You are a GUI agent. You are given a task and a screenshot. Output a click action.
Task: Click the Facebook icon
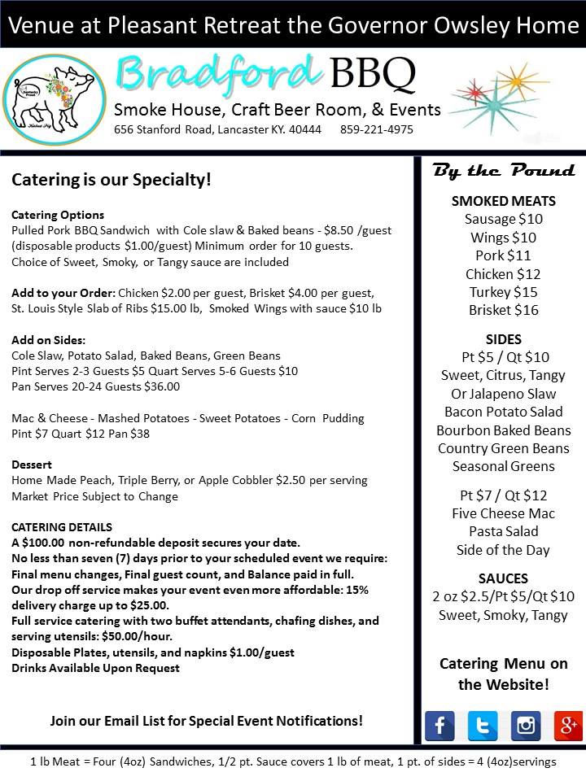point(439,725)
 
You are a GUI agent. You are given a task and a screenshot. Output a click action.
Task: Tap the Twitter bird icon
point(483,725)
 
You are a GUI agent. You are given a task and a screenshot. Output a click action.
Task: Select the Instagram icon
point(526,725)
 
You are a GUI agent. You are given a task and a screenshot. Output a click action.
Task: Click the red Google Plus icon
point(568,725)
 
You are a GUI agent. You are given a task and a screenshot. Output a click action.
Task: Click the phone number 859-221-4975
point(376,130)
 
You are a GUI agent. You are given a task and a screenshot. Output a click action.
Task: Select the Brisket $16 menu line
point(503,310)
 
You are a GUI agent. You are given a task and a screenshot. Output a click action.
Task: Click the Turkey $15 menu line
point(503,292)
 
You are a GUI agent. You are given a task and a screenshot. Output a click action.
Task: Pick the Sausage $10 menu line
point(503,219)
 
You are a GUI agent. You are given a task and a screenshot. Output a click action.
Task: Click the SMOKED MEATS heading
point(503,201)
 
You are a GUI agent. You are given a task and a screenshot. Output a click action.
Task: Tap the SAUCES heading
point(503,578)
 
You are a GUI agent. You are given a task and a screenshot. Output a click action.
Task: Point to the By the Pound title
point(504,171)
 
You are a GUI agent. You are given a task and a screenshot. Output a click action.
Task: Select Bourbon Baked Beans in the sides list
point(503,430)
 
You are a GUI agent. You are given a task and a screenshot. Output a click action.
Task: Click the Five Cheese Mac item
point(503,513)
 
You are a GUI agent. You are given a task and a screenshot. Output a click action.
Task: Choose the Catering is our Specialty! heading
point(112,179)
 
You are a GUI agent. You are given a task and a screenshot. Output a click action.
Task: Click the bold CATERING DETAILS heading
point(62,527)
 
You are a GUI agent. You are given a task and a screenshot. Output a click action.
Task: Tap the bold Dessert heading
point(32,465)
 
